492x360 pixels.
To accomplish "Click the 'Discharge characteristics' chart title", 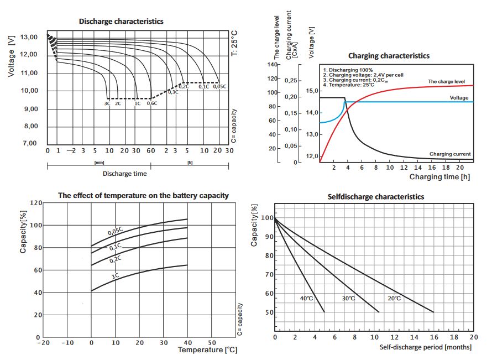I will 121,22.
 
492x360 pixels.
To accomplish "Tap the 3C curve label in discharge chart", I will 107,103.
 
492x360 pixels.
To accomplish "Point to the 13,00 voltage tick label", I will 29,37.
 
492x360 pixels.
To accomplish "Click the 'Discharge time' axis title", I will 125,174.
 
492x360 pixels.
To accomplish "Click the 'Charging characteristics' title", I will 389,56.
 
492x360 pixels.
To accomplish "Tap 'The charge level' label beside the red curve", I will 446,82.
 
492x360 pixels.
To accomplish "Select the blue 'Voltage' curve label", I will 459,98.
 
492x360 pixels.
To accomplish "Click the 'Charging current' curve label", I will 450,154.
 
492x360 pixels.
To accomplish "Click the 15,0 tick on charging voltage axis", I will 312,91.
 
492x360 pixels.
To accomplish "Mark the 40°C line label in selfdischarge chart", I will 307,299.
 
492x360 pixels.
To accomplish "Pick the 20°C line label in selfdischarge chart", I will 394,299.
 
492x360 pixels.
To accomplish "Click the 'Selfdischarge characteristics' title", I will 375,197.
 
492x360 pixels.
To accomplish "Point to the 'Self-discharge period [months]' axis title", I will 426,347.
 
